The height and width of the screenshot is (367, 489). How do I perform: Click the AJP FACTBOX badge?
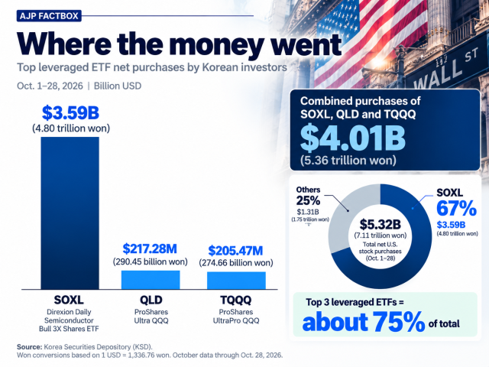49,15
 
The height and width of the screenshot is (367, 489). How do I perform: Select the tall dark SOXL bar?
70,213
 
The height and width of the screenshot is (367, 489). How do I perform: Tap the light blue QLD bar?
151,280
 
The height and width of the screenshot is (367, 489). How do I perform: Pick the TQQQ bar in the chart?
236,281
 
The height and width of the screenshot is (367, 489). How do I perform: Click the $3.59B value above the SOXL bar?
70,112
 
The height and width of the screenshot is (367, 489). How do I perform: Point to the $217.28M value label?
150,248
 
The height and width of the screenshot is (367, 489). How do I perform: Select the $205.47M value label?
236,251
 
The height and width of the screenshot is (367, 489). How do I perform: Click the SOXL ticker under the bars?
69,300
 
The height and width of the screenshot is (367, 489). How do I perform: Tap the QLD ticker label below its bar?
151,300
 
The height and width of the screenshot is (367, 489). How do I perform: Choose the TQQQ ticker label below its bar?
236,300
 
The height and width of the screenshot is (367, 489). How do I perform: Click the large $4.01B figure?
353,138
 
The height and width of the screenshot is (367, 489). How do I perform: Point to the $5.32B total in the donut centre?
381,224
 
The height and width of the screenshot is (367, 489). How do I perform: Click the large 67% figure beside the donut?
457,208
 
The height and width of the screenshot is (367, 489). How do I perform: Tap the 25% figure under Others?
308,200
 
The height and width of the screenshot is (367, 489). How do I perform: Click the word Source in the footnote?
29,347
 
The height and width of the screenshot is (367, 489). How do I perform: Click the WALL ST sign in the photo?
446,70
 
